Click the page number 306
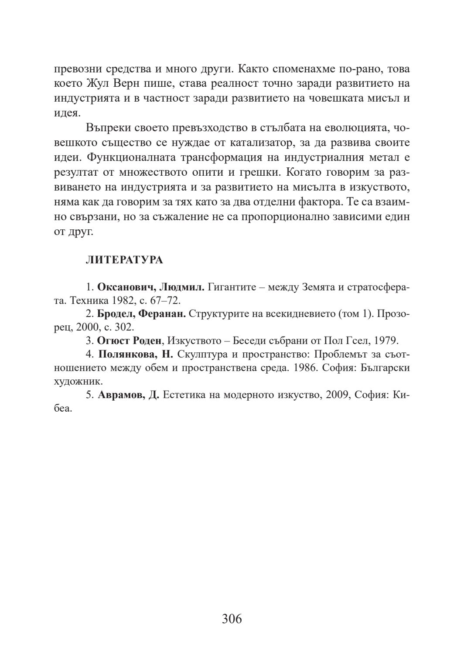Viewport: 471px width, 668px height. (232, 619)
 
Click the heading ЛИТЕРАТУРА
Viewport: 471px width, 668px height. (124, 260)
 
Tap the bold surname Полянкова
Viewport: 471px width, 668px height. (129, 354)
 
